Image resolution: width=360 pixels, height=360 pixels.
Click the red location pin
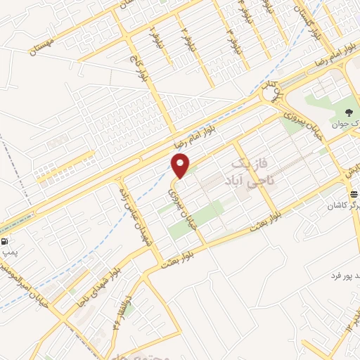181,165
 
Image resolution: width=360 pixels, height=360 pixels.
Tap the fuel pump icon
6,242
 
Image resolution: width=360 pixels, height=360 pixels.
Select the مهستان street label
43,48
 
